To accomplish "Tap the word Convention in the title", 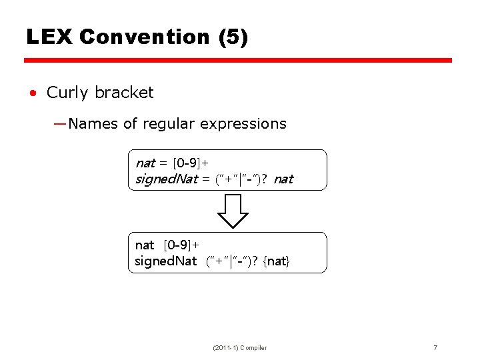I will [x=144, y=37].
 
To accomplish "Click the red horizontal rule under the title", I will [x=238, y=61].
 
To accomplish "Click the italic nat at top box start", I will [x=145, y=163].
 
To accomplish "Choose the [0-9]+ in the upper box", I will [x=191, y=163].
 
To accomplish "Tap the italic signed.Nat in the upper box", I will [x=166, y=179].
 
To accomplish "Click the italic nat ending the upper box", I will [x=283, y=179].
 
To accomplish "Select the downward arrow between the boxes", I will [x=233, y=211].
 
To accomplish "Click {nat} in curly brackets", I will [x=277, y=261].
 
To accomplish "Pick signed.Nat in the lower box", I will [x=165, y=261].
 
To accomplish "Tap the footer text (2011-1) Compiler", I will [x=239, y=347].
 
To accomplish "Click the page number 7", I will [x=435, y=347].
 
